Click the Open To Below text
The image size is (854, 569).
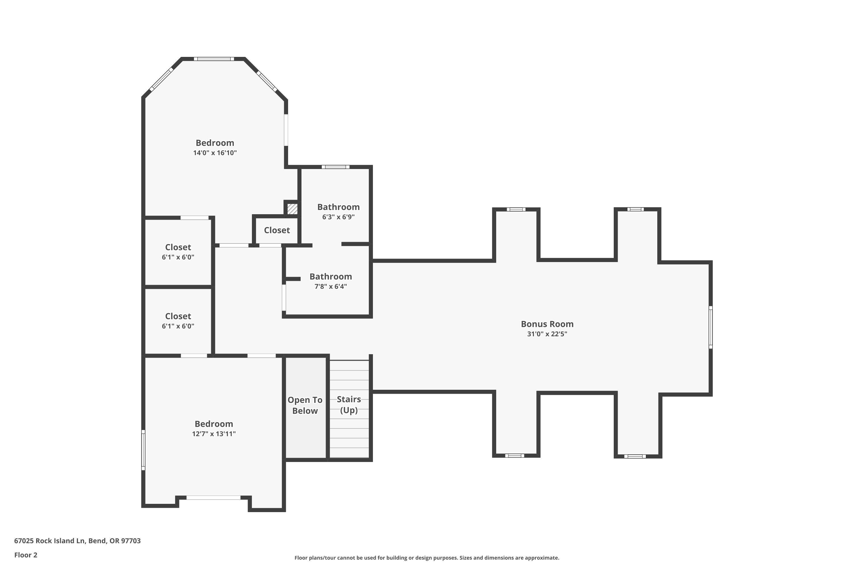305,405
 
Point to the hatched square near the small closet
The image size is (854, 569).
292,209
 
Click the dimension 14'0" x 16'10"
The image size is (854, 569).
215,153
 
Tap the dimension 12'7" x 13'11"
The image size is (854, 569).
213,434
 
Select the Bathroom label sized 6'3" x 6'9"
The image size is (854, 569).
338,207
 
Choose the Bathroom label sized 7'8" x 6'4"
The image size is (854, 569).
330,277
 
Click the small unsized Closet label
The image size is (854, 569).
277,230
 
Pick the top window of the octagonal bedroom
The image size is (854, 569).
213,59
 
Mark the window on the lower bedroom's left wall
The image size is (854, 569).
143,450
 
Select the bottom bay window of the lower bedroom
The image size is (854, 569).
213,498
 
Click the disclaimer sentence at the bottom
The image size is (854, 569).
427,558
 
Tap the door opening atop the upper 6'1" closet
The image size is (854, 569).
195,218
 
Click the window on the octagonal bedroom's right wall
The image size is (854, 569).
286,130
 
